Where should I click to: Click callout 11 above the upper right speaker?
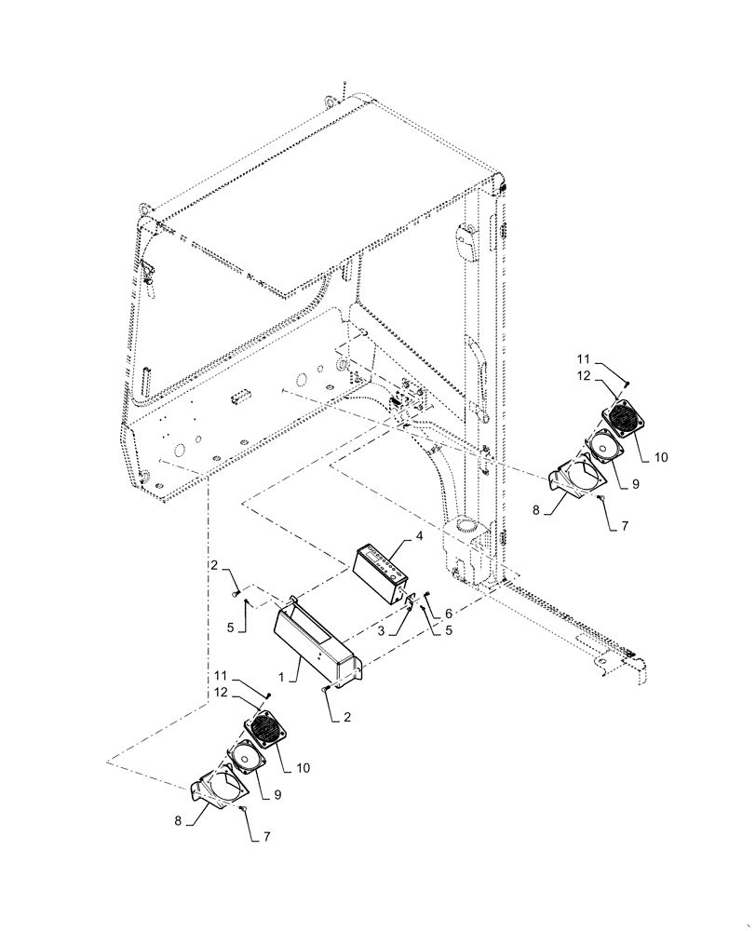coord(582,358)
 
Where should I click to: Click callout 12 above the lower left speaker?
coord(221,694)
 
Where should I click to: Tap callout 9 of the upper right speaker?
coord(636,484)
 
